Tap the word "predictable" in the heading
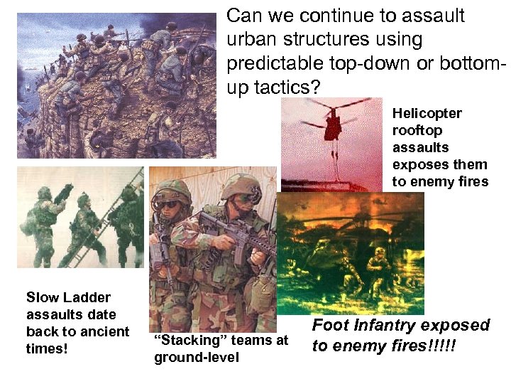click(x=270, y=64)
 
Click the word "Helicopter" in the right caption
click(x=427, y=113)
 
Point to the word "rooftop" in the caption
click(x=417, y=130)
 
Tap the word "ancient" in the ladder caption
click(x=106, y=331)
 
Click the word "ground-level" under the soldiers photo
click(x=197, y=357)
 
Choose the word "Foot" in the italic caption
click(x=329, y=326)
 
